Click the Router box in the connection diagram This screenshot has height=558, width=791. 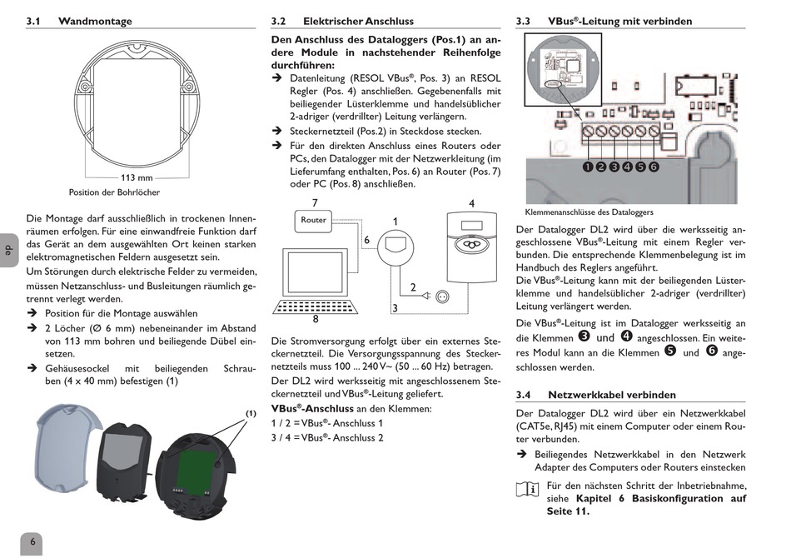click(313, 221)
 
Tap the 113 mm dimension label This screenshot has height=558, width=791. click(137, 177)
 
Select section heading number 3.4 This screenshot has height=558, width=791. click(523, 395)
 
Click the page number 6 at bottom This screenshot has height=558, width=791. click(32, 542)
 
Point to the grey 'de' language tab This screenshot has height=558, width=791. click(9, 250)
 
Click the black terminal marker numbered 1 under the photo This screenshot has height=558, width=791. click(588, 167)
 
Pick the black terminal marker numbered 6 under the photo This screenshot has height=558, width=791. click(654, 167)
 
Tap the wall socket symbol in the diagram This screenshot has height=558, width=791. click(442, 296)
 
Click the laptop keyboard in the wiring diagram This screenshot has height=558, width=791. click(316, 306)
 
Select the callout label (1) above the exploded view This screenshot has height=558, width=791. click(251, 414)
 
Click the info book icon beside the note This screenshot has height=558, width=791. click(527, 489)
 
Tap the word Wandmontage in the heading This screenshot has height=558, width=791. click(95, 21)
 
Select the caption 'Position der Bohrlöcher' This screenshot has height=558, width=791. click(115, 192)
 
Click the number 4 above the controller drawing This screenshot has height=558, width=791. click(471, 203)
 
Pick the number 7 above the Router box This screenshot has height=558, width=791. click(315, 203)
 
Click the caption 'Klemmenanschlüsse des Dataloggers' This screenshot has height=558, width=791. click(590, 212)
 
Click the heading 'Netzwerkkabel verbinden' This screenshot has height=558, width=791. click(612, 395)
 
